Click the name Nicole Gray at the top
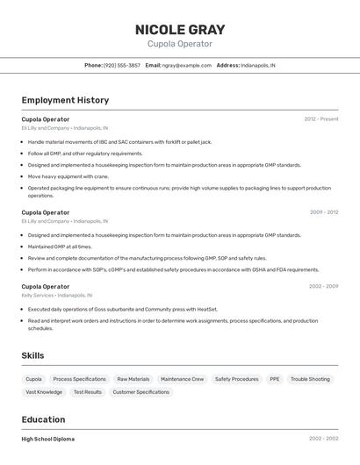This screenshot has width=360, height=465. (180, 30)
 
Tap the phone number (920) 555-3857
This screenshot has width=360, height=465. (122, 65)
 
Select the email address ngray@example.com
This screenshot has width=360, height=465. (187, 65)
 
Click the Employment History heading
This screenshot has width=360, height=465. (65, 100)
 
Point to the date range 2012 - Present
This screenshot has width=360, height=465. (321, 118)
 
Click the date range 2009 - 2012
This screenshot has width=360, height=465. (324, 212)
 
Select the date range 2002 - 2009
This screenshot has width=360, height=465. (324, 286)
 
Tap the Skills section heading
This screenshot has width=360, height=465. (33, 355)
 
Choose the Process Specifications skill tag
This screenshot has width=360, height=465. (80, 379)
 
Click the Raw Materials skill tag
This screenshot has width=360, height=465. (133, 379)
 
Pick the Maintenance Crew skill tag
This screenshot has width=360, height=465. (182, 379)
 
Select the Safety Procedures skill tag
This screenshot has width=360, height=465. (237, 379)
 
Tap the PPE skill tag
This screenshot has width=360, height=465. (275, 379)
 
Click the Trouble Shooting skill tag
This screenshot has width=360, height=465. (311, 379)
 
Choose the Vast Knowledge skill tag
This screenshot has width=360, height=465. (44, 392)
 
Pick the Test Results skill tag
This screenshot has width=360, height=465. (88, 392)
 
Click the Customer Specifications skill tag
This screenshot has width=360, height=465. (141, 392)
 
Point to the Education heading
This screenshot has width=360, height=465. (44, 419)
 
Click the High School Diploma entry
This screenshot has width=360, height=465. (48, 439)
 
